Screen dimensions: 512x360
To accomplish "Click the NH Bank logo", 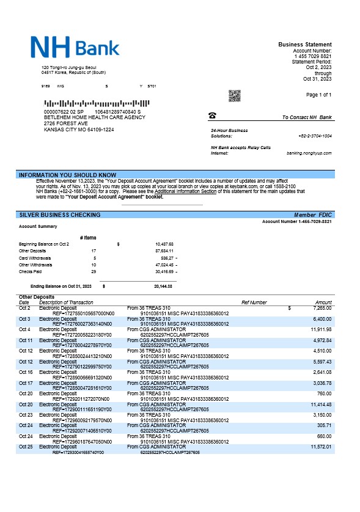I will click(x=75, y=46).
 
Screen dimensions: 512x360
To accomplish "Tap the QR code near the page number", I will click(x=234, y=95).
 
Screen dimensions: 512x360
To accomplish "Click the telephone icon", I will click(x=212, y=115).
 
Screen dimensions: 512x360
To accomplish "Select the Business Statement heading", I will click(x=305, y=45).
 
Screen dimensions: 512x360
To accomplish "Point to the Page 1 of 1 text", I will click(x=318, y=95).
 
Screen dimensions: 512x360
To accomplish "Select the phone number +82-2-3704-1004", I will click(x=315, y=136).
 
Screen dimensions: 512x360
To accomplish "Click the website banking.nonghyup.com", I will click(x=309, y=153).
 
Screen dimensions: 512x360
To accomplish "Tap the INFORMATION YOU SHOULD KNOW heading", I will click(x=68, y=175).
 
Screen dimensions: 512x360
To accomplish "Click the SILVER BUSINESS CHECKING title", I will click(x=61, y=215).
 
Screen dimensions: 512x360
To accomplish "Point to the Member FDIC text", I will click(x=313, y=215).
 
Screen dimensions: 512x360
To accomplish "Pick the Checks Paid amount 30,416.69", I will click(x=164, y=271).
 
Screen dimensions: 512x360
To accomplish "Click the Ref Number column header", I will click(x=254, y=302).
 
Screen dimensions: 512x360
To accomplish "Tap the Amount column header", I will click(x=323, y=302).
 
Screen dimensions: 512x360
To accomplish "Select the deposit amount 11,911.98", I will click(x=320, y=329).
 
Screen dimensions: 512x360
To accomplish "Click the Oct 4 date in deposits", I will click(x=24, y=329).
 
